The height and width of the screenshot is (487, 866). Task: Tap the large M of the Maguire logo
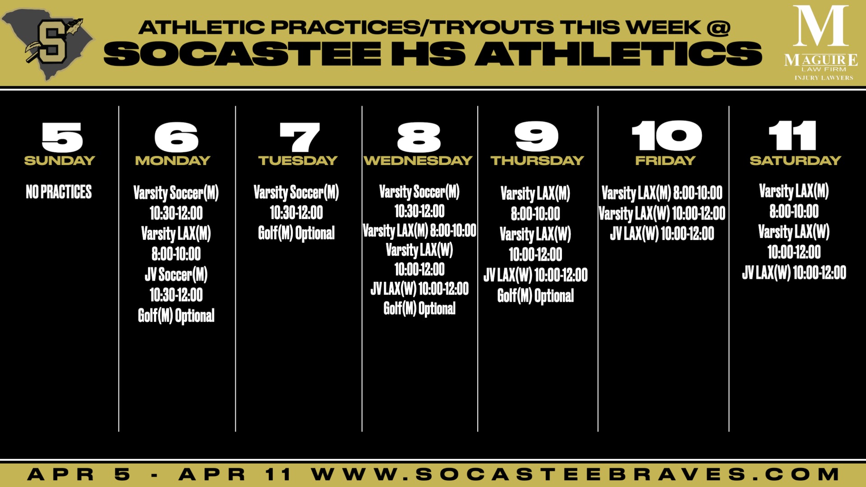[x=820, y=26]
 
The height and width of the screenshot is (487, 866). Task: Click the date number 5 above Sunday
[x=62, y=137]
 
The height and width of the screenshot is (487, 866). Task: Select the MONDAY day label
[x=173, y=161]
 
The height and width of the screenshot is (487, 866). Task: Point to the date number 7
[x=299, y=137]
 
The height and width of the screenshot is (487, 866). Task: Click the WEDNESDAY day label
[x=418, y=161]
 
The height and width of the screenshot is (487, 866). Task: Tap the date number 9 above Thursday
[x=536, y=137]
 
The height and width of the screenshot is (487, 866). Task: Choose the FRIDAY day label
[x=665, y=161]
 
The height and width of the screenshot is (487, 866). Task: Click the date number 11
[x=792, y=136]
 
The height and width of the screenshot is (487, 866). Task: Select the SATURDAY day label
[x=795, y=161]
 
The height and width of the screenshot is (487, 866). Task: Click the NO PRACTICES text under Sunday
[x=59, y=192]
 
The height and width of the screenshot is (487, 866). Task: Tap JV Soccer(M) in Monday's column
[x=176, y=275]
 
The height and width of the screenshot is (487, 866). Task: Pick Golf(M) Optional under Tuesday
[x=296, y=233]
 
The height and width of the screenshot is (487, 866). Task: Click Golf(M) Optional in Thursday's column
[x=535, y=296]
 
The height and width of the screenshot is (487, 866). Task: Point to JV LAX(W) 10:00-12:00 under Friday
[x=662, y=234]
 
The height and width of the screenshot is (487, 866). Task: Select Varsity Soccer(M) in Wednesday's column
[x=419, y=192]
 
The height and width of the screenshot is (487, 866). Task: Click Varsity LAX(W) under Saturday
[x=794, y=232]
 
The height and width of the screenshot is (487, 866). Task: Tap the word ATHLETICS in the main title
[x=618, y=54]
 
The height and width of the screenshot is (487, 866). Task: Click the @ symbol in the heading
[x=719, y=28]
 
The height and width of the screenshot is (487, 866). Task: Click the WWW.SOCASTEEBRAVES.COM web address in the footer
[x=575, y=474]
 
